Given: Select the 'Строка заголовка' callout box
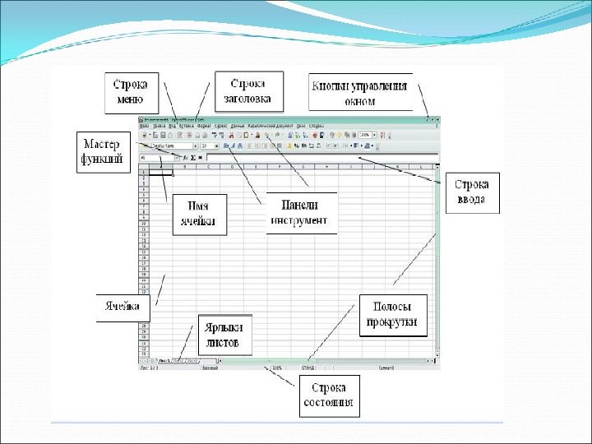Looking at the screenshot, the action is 248,91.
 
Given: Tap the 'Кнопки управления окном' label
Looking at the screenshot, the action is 360,91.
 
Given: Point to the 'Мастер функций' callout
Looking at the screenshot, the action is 104,150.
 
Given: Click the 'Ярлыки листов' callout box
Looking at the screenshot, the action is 224,334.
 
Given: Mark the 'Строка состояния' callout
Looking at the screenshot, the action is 327,395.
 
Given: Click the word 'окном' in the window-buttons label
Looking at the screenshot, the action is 360,102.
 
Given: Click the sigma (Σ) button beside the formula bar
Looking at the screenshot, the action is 193,156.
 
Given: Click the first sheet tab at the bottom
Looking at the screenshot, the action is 164,361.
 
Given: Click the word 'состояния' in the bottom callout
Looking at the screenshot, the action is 327,403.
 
